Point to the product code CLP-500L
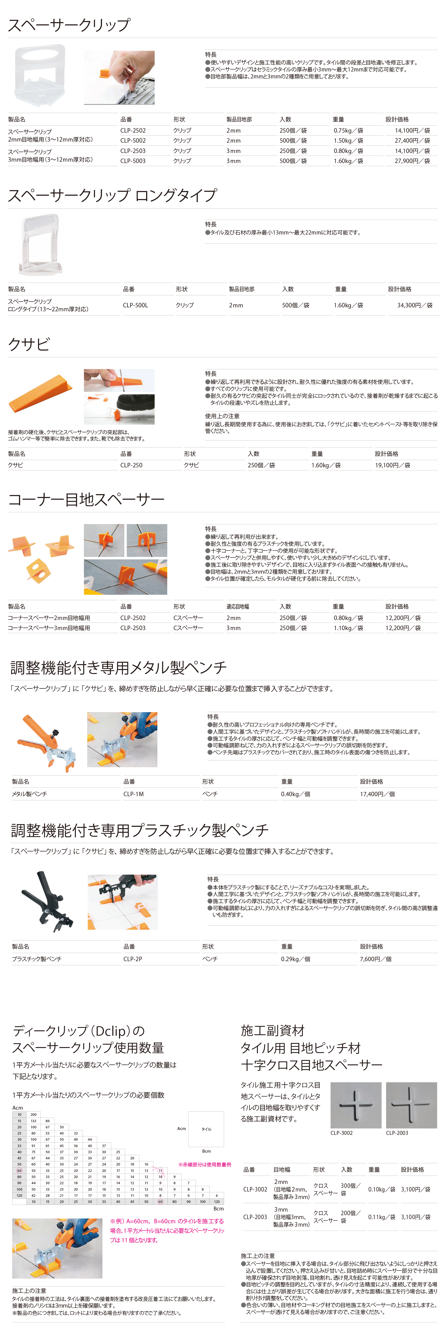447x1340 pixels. tap(135, 305)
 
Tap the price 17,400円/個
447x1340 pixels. tap(377, 794)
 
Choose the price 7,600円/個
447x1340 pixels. tap(376, 959)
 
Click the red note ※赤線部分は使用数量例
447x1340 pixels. tap(205, 1164)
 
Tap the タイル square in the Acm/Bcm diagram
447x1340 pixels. tap(206, 1129)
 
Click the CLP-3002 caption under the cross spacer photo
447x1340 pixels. tap(341, 1133)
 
